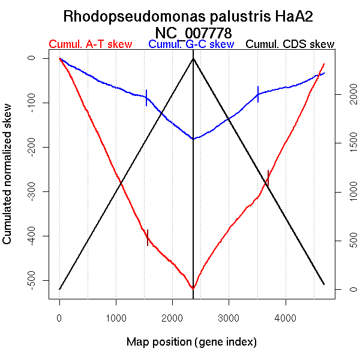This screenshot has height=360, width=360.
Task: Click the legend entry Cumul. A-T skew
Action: [x=91, y=44]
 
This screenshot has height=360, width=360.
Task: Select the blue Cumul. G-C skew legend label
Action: [x=191, y=44]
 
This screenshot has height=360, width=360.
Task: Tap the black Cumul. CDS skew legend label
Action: [x=290, y=44]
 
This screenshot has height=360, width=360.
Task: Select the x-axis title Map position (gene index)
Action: [x=191, y=343]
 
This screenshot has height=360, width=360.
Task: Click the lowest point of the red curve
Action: [x=193, y=288]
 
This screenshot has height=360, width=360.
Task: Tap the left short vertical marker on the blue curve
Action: [x=146, y=98]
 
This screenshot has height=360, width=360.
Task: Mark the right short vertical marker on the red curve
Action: [x=268, y=178]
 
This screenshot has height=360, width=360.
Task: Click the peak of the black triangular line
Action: [x=193, y=58]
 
